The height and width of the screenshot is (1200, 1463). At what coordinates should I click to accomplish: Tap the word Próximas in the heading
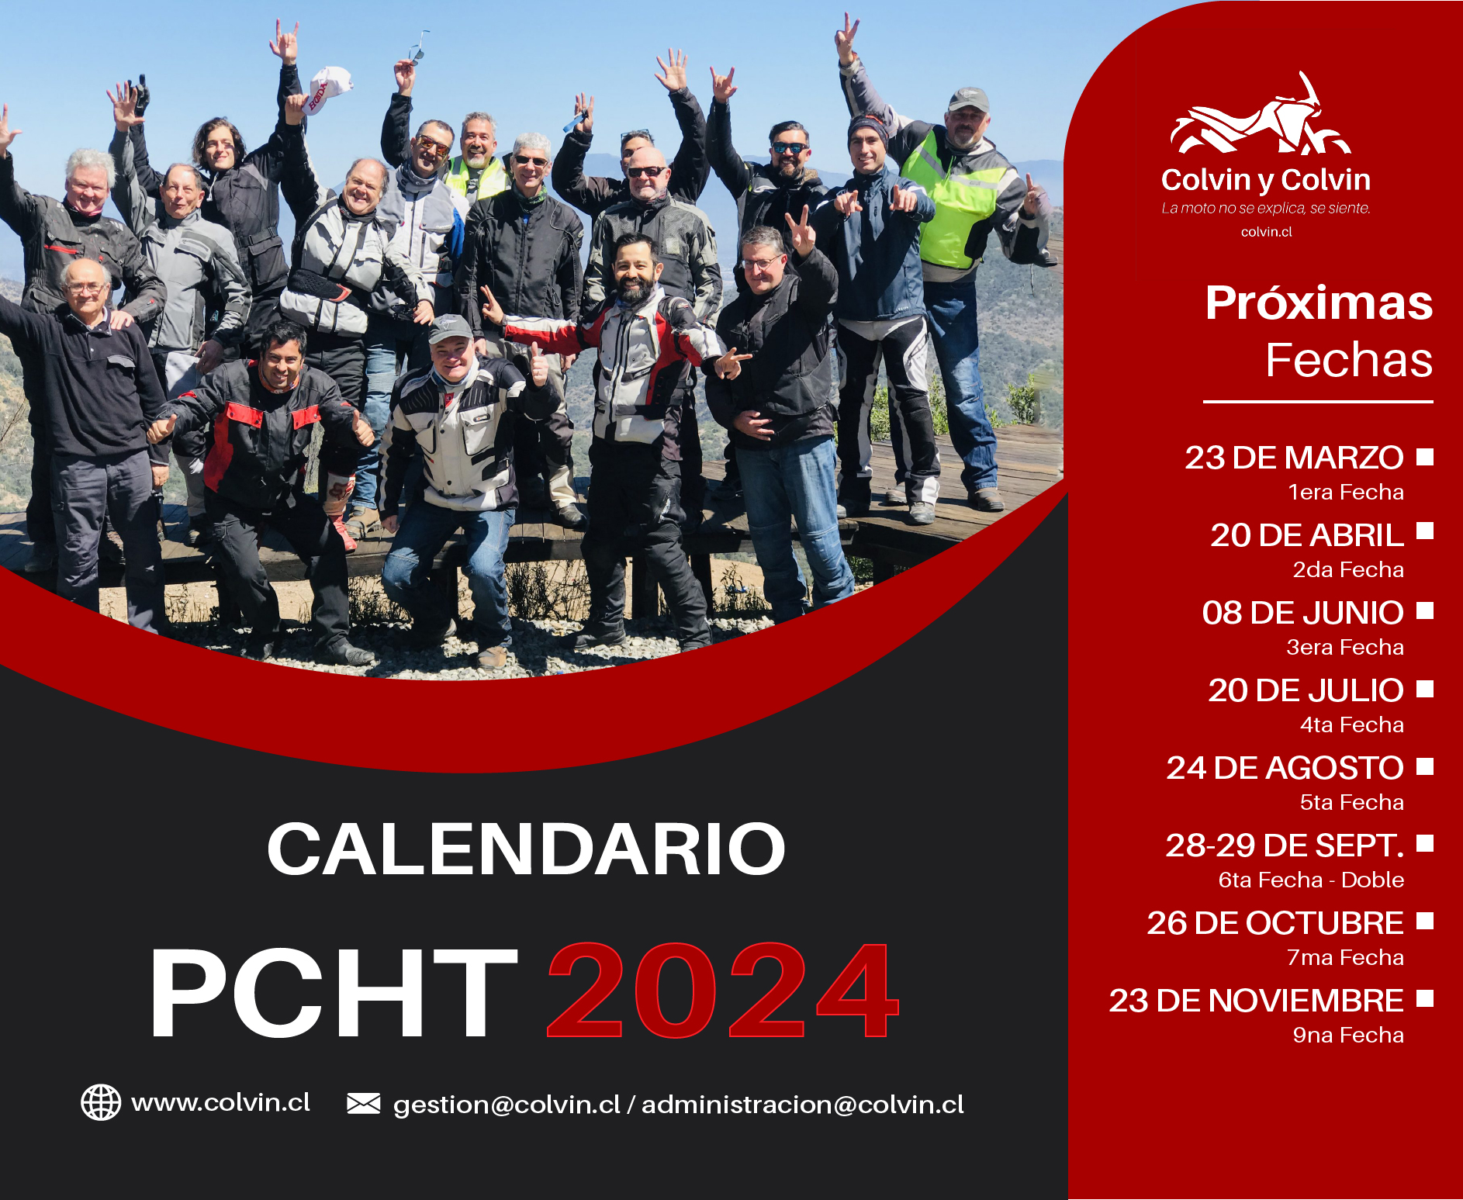[1319, 303]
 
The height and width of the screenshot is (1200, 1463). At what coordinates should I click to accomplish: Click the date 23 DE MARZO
[1294, 458]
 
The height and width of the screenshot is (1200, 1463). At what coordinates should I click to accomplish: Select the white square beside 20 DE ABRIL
[1424, 531]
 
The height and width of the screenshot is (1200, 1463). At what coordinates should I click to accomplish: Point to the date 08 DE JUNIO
[1302, 613]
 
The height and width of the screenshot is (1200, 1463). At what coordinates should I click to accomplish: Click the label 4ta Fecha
[1352, 724]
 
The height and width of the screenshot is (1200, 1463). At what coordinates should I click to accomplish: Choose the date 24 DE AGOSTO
[1285, 768]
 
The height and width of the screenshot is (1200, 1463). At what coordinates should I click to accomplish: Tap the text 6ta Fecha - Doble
[1311, 880]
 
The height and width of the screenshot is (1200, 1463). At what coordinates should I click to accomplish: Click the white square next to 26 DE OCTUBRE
[1424, 920]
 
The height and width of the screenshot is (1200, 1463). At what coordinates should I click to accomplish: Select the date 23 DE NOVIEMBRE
[1256, 1001]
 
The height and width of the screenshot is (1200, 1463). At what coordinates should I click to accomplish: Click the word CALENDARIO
[526, 849]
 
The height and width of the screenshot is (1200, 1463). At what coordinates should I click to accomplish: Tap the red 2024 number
[723, 991]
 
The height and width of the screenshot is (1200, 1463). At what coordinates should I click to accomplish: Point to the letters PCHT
[334, 992]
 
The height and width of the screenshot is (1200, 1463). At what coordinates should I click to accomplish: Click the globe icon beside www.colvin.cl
[101, 1102]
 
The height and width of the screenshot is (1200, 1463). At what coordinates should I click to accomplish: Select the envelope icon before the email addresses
[363, 1103]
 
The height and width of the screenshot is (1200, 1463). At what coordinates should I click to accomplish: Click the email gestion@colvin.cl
[507, 1105]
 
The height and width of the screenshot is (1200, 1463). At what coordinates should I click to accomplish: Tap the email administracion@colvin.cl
[803, 1104]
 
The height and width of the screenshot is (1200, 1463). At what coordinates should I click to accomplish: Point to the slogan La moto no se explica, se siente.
[1266, 208]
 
